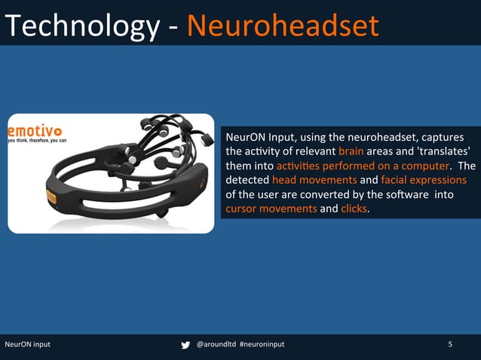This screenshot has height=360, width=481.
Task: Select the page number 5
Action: click(x=450, y=345)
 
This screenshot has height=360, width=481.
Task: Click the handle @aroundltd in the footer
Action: click(x=215, y=345)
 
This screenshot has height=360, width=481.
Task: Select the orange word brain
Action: click(x=351, y=151)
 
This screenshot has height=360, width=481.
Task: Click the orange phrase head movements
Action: click(x=314, y=180)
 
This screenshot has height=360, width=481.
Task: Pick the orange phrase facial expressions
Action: click(x=424, y=180)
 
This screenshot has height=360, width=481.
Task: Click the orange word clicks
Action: click(x=354, y=209)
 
